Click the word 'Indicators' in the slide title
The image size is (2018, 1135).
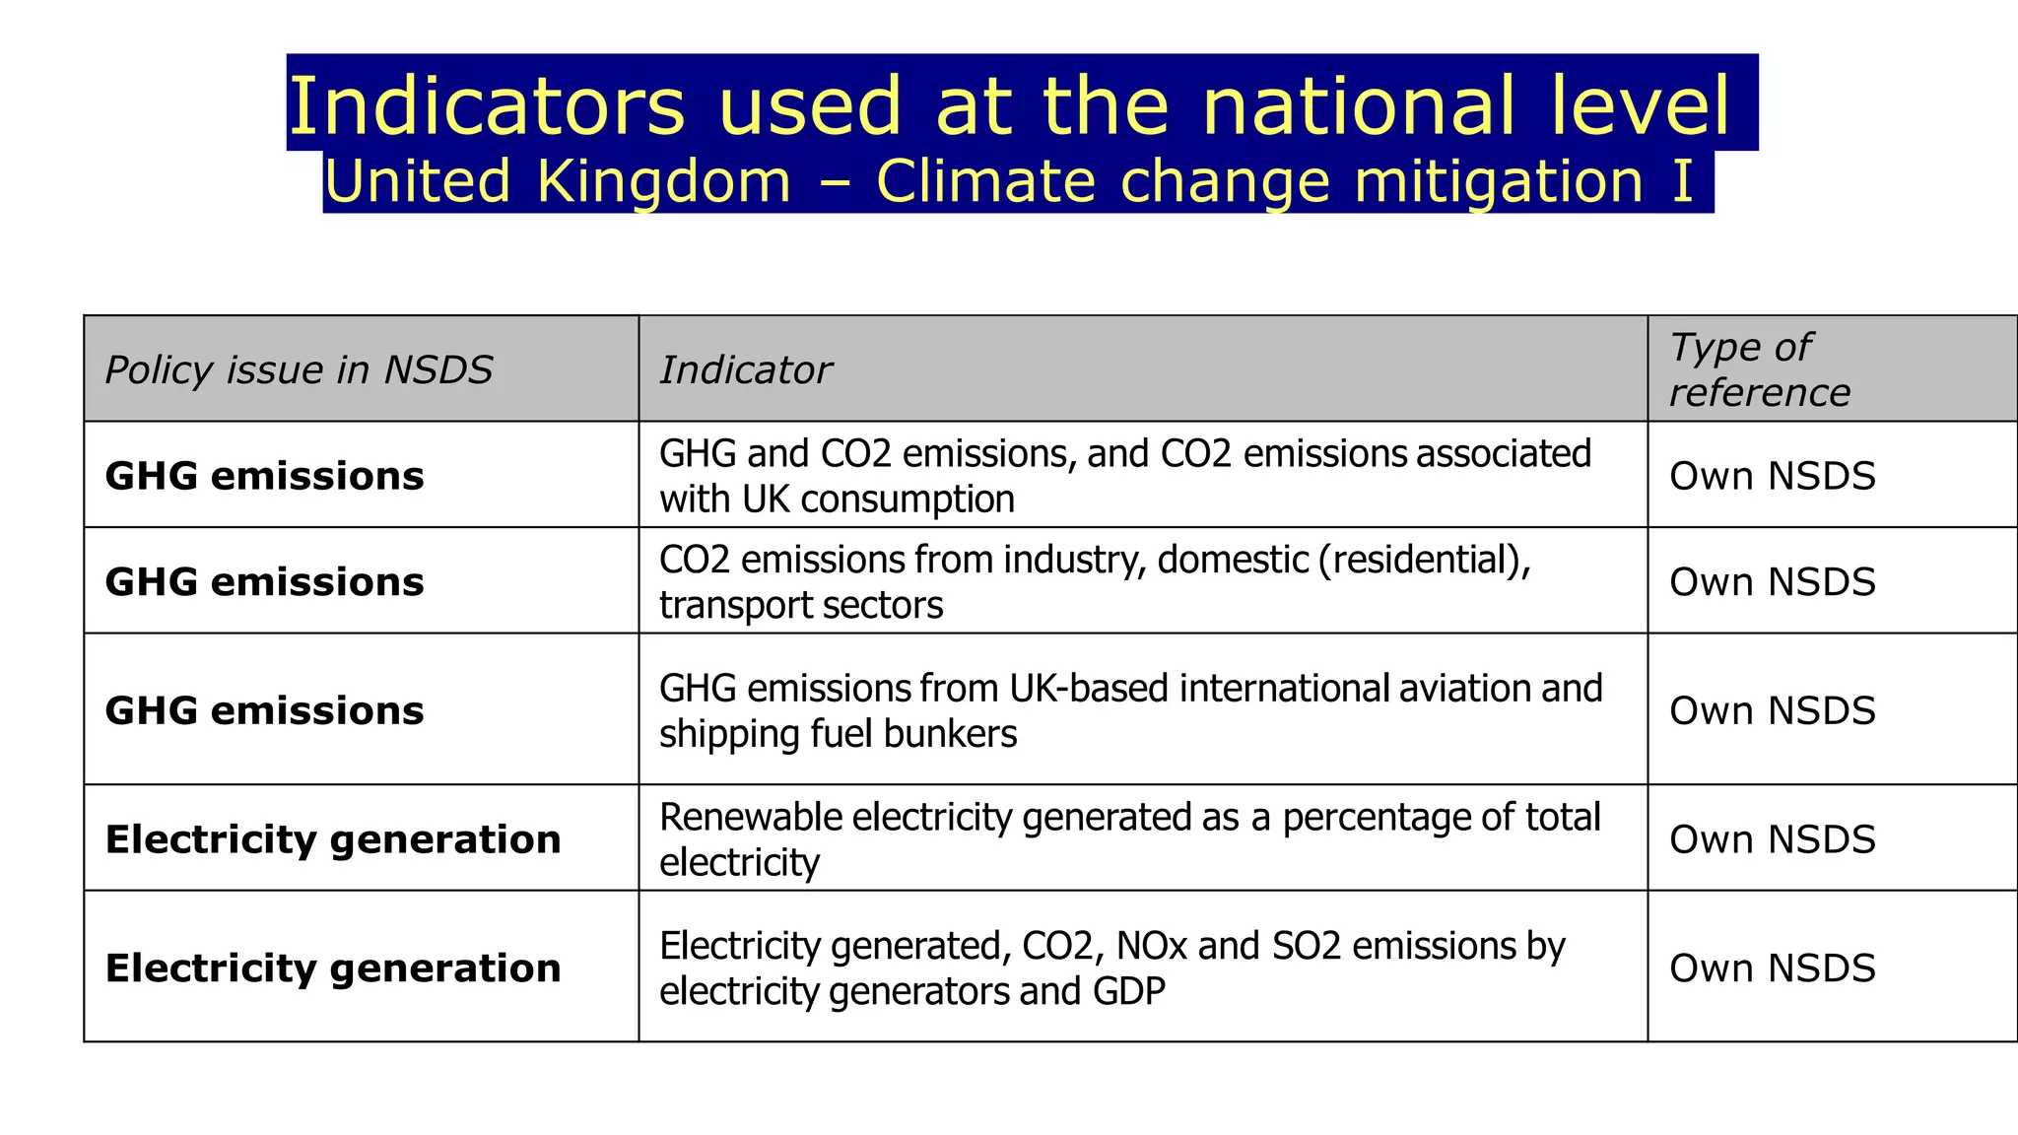(x=486, y=105)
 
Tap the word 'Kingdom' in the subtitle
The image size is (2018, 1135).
(x=664, y=182)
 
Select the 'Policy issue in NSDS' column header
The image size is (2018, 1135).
(x=299, y=370)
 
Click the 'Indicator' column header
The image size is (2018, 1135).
(x=745, y=370)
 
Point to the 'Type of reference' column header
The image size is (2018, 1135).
(x=1760, y=369)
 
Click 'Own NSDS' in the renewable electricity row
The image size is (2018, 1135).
(x=1772, y=839)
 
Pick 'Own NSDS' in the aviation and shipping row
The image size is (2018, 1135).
(x=1772, y=710)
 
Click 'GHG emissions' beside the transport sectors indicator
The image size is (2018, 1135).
(x=264, y=582)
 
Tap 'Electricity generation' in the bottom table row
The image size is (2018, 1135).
(x=333, y=968)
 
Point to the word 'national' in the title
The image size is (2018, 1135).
(x=1358, y=105)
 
